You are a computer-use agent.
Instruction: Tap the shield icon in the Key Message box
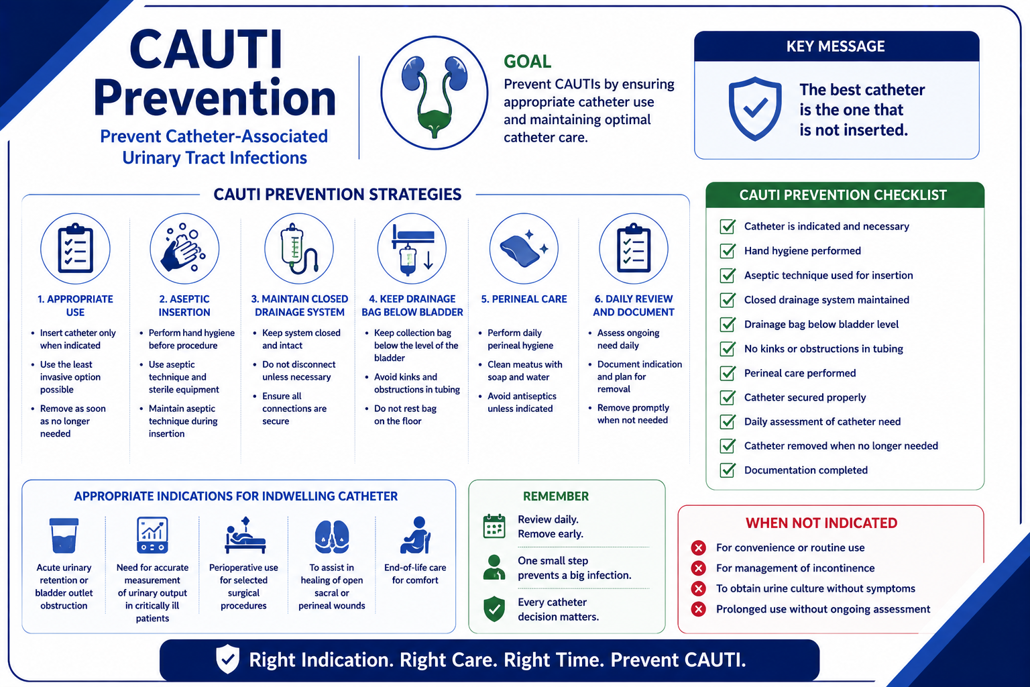[x=754, y=109]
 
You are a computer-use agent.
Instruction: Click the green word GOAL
[x=528, y=61]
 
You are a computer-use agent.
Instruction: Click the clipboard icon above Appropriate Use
[x=75, y=248]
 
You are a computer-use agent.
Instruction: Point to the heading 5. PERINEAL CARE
[x=524, y=299]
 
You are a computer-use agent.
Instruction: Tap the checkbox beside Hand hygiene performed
[x=728, y=251]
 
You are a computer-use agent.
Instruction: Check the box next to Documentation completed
[x=728, y=470]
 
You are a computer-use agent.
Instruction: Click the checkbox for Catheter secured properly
[x=728, y=397]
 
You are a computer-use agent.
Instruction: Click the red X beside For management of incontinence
[x=699, y=568]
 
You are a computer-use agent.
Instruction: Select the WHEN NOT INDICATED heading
[x=821, y=523]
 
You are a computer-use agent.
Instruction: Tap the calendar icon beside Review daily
[x=494, y=527]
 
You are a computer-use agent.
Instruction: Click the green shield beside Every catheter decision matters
[x=494, y=609]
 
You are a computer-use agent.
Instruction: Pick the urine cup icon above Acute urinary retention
[x=64, y=535]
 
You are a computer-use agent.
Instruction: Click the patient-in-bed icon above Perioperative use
[x=245, y=535]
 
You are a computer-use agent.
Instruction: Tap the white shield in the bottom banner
[x=227, y=659]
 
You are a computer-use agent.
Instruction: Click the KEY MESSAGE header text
[x=836, y=46]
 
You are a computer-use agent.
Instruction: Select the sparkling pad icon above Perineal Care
[x=524, y=248]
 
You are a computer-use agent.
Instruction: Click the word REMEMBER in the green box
[x=555, y=496]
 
